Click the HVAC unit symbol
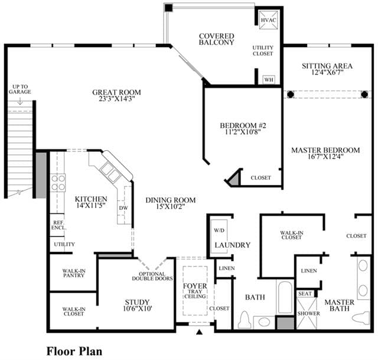coord(268,20)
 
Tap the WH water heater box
coord(269,80)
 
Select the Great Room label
coord(117,92)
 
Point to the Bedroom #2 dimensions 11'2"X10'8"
coord(243,132)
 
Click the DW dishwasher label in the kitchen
coord(123,208)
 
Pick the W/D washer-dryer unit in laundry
coord(219,236)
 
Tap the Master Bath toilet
coord(361,317)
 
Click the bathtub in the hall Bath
coord(285,297)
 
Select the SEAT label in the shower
coord(305,294)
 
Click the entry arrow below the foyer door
coord(199,332)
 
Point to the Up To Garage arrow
coord(20,101)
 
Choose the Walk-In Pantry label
coord(74,273)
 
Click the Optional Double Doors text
coord(152,276)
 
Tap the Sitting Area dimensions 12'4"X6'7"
coord(327,72)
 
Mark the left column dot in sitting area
coord(291,95)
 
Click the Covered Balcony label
coord(217,39)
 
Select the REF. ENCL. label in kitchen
coord(58,225)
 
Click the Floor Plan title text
coord(74,351)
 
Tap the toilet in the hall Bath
coord(245,320)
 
